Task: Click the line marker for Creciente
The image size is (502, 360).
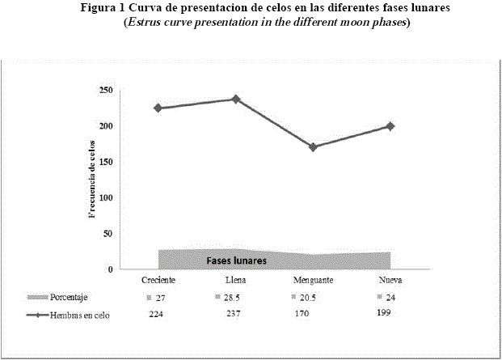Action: click(158, 108)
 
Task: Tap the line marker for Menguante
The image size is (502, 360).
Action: click(313, 147)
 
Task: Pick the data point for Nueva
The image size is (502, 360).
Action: click(390, 126)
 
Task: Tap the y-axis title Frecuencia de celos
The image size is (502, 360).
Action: click(92, 178)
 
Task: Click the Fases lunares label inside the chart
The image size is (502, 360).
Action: click(237, 261)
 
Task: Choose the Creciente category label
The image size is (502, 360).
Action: click(158, 280)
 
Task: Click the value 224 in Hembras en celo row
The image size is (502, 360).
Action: click(158, 315)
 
